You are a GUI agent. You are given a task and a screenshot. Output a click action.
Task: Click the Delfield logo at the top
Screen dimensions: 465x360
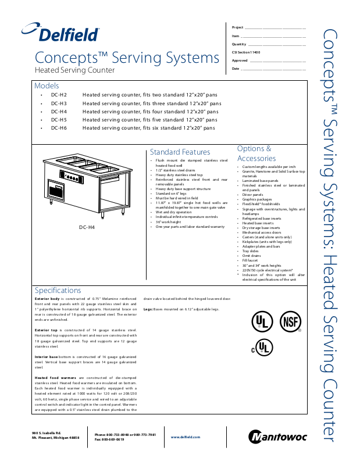[60, 33]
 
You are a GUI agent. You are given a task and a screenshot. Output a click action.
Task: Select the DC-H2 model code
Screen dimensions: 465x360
[59, 94]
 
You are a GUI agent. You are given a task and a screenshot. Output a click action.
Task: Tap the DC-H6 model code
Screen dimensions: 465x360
[59, 127]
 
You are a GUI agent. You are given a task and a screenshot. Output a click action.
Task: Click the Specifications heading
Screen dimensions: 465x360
[58, 290]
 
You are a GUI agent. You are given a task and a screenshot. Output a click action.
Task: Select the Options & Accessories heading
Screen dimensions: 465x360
[256, 153]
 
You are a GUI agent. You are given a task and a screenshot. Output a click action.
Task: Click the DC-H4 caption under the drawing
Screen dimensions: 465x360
[70, 227]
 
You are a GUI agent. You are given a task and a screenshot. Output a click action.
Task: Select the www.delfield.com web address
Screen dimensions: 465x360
[185, 437]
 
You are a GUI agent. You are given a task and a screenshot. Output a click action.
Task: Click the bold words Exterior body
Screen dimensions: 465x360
[48, 298]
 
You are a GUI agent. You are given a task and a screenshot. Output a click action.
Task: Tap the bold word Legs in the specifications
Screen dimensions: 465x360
[148, 309]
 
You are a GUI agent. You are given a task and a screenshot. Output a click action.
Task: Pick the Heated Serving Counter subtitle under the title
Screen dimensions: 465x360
[74, 70]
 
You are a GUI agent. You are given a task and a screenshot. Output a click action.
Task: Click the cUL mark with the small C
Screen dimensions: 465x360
[261, 348]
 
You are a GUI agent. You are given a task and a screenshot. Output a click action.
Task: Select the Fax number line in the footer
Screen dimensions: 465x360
[109, 439]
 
